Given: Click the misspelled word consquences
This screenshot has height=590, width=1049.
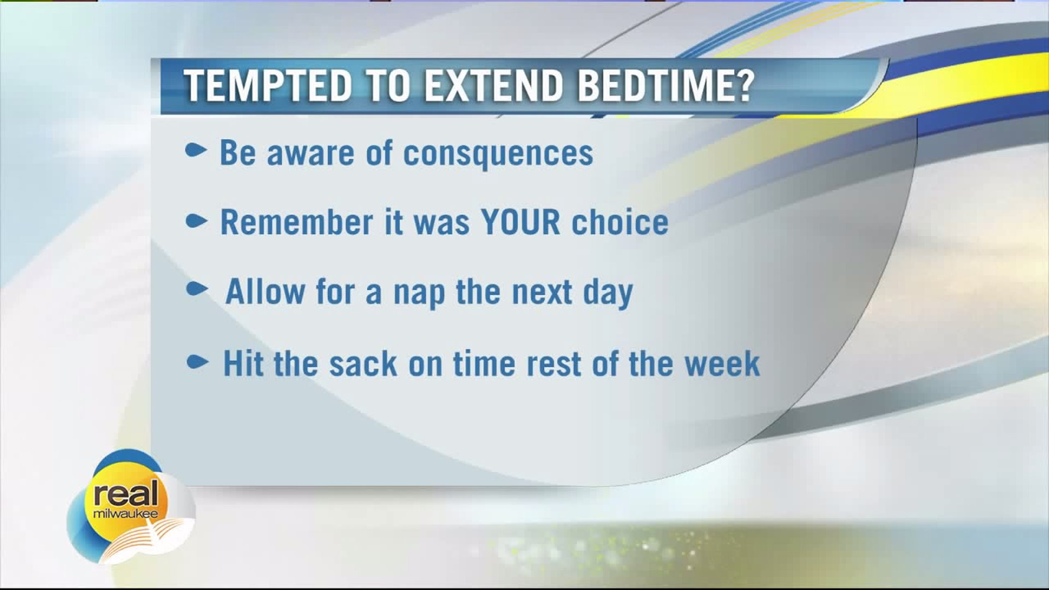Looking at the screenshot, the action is click(498, 154).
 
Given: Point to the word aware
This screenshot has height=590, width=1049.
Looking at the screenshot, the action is click(311, 153).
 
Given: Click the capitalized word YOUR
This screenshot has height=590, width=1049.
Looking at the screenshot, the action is click(521, 222).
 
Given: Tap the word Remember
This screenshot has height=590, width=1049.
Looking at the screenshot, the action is click(296, 222).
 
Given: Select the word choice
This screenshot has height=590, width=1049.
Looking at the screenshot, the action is click(620, 222).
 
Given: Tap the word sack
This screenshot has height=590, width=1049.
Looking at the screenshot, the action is click(363, 363).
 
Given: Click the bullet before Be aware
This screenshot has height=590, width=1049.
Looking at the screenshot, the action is click(196, 151).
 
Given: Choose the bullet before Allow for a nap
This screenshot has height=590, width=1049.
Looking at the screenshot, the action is click(197, 289).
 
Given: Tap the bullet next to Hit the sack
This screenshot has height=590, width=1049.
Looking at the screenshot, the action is click(197, 362).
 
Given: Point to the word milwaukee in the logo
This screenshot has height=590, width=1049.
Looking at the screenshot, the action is click(125, 514).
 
